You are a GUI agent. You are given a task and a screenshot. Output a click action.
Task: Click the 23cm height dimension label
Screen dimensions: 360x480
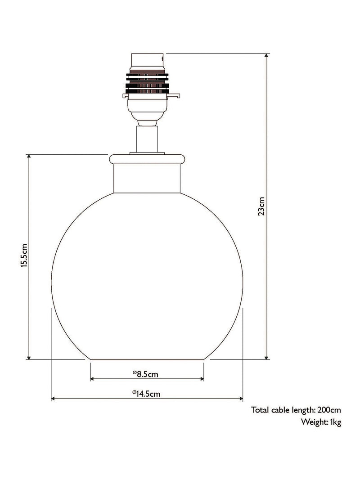coord(261,206)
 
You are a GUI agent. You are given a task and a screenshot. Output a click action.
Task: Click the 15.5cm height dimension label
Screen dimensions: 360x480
coord(24,256)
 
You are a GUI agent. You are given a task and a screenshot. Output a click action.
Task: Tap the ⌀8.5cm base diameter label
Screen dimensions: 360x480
coord(145,374)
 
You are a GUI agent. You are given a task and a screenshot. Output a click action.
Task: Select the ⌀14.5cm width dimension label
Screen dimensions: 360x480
coord(146,393)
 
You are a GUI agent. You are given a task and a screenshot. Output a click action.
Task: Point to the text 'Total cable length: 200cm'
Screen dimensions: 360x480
coord(296,410)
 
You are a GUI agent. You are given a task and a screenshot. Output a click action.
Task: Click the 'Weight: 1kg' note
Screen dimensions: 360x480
coord(321,422)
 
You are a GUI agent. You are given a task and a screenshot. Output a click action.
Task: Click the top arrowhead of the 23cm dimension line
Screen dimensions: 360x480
coord(267,55)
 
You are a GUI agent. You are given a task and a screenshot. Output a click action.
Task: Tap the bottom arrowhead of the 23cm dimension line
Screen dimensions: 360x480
coord(267,357)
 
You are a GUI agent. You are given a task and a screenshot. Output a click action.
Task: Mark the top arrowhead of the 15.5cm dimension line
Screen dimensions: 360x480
coord(29,157)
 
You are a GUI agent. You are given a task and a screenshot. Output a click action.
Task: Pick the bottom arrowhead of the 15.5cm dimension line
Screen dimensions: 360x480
coord(29,357)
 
